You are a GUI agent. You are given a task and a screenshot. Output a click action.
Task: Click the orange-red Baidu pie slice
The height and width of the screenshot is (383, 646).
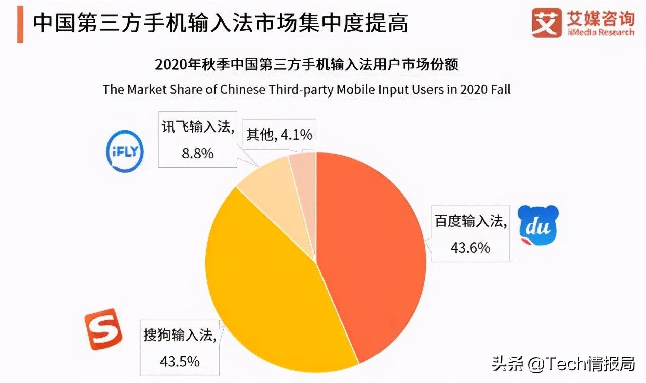(373, 253)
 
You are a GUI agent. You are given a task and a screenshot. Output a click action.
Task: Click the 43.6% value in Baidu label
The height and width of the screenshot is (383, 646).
(469, 248)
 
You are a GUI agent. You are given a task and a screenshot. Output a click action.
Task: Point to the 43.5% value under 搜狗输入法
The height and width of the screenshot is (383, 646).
(179, 361)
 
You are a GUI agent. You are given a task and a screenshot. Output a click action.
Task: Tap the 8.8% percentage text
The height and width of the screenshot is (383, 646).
(197, 153)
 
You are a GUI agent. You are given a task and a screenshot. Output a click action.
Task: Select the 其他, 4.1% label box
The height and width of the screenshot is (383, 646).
(279, 135)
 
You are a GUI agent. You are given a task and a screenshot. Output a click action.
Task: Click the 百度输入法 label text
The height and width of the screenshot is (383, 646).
(469, 221)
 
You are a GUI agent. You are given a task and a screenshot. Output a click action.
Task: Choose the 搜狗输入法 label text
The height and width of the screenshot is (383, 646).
(179, 335)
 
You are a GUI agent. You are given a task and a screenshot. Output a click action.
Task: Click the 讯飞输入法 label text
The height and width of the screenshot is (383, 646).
(197, 128)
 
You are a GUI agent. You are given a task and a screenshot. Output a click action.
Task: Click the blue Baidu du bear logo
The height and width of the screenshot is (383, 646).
(539, 226)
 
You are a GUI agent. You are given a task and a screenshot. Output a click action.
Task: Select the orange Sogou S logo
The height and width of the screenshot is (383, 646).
(103, 329)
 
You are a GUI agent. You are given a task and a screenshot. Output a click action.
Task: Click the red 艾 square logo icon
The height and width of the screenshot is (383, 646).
(546, 22)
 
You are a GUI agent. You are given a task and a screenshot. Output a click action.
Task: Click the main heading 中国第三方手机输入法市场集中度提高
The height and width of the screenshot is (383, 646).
(220, 23)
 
